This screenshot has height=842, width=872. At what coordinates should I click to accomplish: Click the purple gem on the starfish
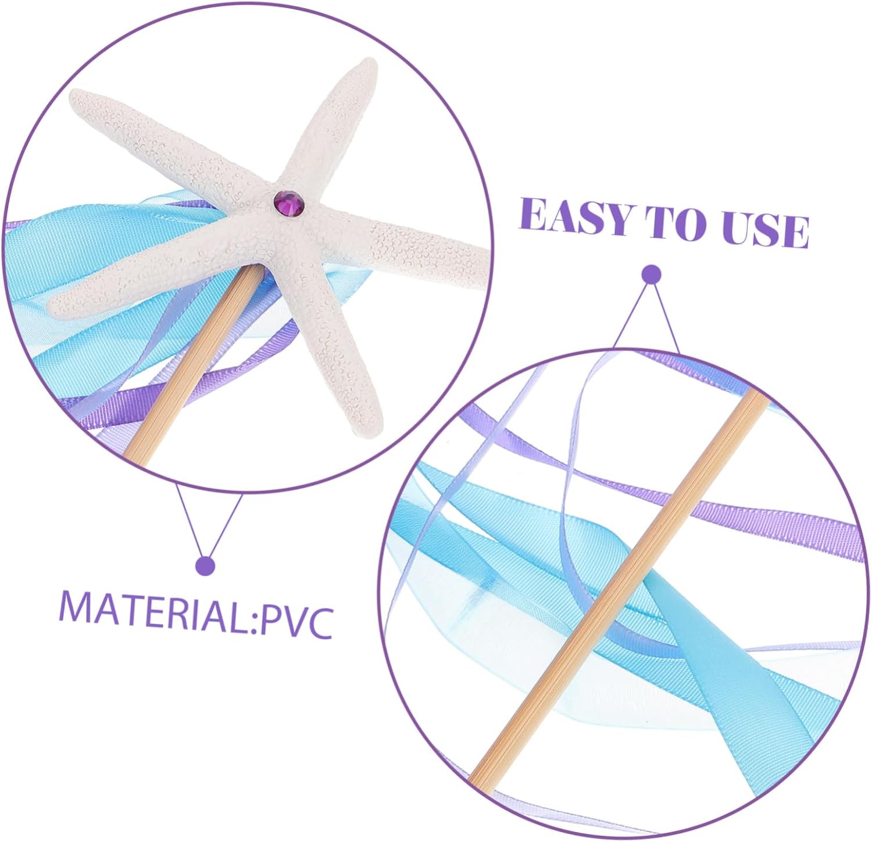(x=289, y=201)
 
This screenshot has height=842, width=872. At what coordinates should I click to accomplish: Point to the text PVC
(x=296, y=621)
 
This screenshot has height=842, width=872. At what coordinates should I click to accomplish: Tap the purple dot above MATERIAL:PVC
(x=205, y=565)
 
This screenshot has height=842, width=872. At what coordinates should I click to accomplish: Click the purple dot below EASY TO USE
(x=651, y=274)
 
